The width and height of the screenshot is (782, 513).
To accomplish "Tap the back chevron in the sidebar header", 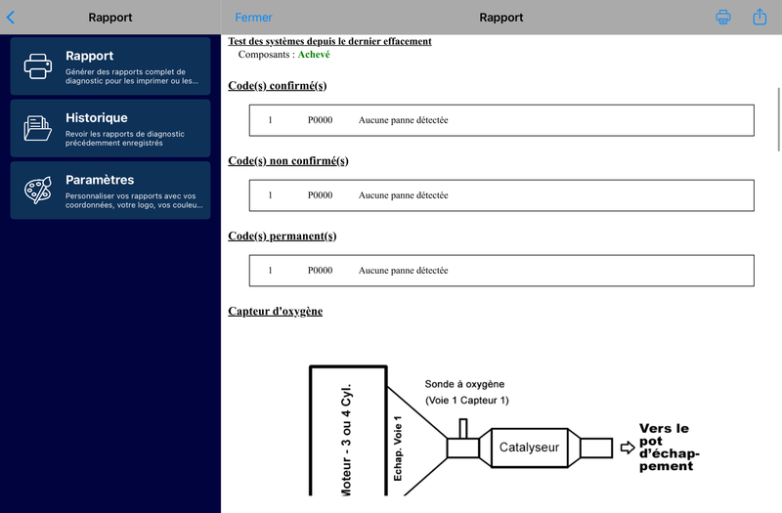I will click(11, 17).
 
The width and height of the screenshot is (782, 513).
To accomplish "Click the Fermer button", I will click(254, 18).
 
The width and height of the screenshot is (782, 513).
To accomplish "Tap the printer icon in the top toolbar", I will click(723, 18).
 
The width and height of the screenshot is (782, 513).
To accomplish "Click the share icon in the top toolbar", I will click(760, 17).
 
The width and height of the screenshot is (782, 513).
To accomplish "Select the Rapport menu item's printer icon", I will click(38, 65).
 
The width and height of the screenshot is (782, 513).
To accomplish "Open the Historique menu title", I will click(96, 118).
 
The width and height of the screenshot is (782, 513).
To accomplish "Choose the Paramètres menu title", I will click(100, 180).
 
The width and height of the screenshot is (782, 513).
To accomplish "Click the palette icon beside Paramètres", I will click(38, 190).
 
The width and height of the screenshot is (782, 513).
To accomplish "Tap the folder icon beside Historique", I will click(38, 128).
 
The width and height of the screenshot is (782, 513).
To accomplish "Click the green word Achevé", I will click(314, 55).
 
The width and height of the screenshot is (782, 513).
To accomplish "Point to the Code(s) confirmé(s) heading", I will click(277, 86).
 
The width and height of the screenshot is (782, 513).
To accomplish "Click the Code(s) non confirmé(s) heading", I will click(287, 161).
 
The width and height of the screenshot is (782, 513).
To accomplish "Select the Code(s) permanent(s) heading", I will click(282, 236).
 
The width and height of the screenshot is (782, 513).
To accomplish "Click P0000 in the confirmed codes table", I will click(320, 120).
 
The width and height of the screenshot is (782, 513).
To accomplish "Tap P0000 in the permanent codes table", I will click(320, 271).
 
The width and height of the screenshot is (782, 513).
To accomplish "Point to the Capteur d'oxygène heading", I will click(275, 312).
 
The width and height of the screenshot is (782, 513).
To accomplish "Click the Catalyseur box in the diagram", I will click(528, 448).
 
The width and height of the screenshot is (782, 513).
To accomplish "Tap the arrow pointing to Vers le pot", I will click(628, 448).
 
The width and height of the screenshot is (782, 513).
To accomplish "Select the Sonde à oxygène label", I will click(464, 384).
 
